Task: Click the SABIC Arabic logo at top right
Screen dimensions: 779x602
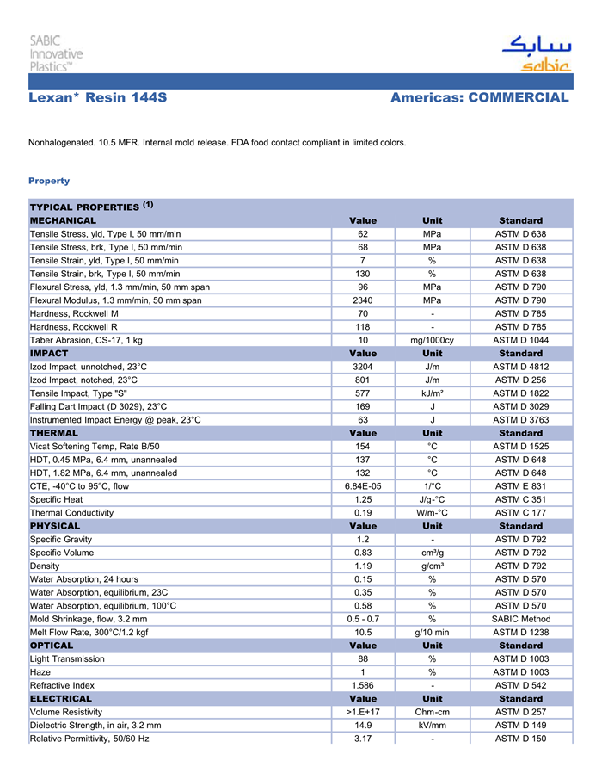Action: click(536, 53)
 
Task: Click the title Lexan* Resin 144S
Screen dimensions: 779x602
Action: click(97, 98)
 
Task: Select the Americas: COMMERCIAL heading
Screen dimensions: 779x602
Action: click(479, 98)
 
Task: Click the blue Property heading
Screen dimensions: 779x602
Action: click(49, 181)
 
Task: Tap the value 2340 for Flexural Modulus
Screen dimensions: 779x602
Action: click(363, 300)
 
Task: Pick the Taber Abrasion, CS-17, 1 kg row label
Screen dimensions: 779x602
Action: click(86, 340)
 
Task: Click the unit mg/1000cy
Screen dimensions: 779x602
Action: click(432, 340)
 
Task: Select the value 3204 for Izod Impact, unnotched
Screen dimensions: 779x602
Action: click(363, 367)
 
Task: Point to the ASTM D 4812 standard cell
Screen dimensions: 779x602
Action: click(520, 367)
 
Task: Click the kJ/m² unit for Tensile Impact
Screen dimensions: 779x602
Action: click(432, 393)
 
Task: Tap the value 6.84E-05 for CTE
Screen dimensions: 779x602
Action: click(363, 486)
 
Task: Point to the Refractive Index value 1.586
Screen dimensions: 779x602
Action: click(363, 685)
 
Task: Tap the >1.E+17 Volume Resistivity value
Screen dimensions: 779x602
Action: click(363, 712)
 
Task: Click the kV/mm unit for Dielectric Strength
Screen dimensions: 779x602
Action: click(432, 726)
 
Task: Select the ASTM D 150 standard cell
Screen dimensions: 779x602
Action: click(520, 739)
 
